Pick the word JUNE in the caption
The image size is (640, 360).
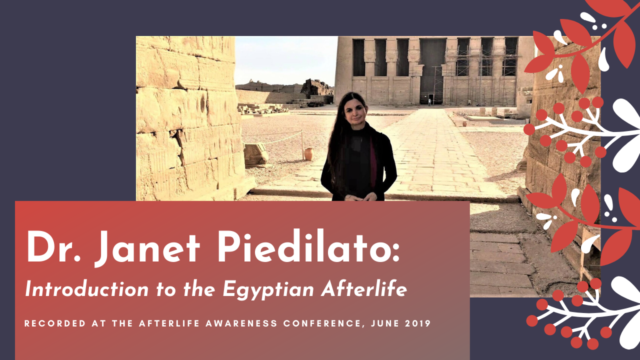point(385,323)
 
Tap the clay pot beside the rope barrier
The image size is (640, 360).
point(308,154)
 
